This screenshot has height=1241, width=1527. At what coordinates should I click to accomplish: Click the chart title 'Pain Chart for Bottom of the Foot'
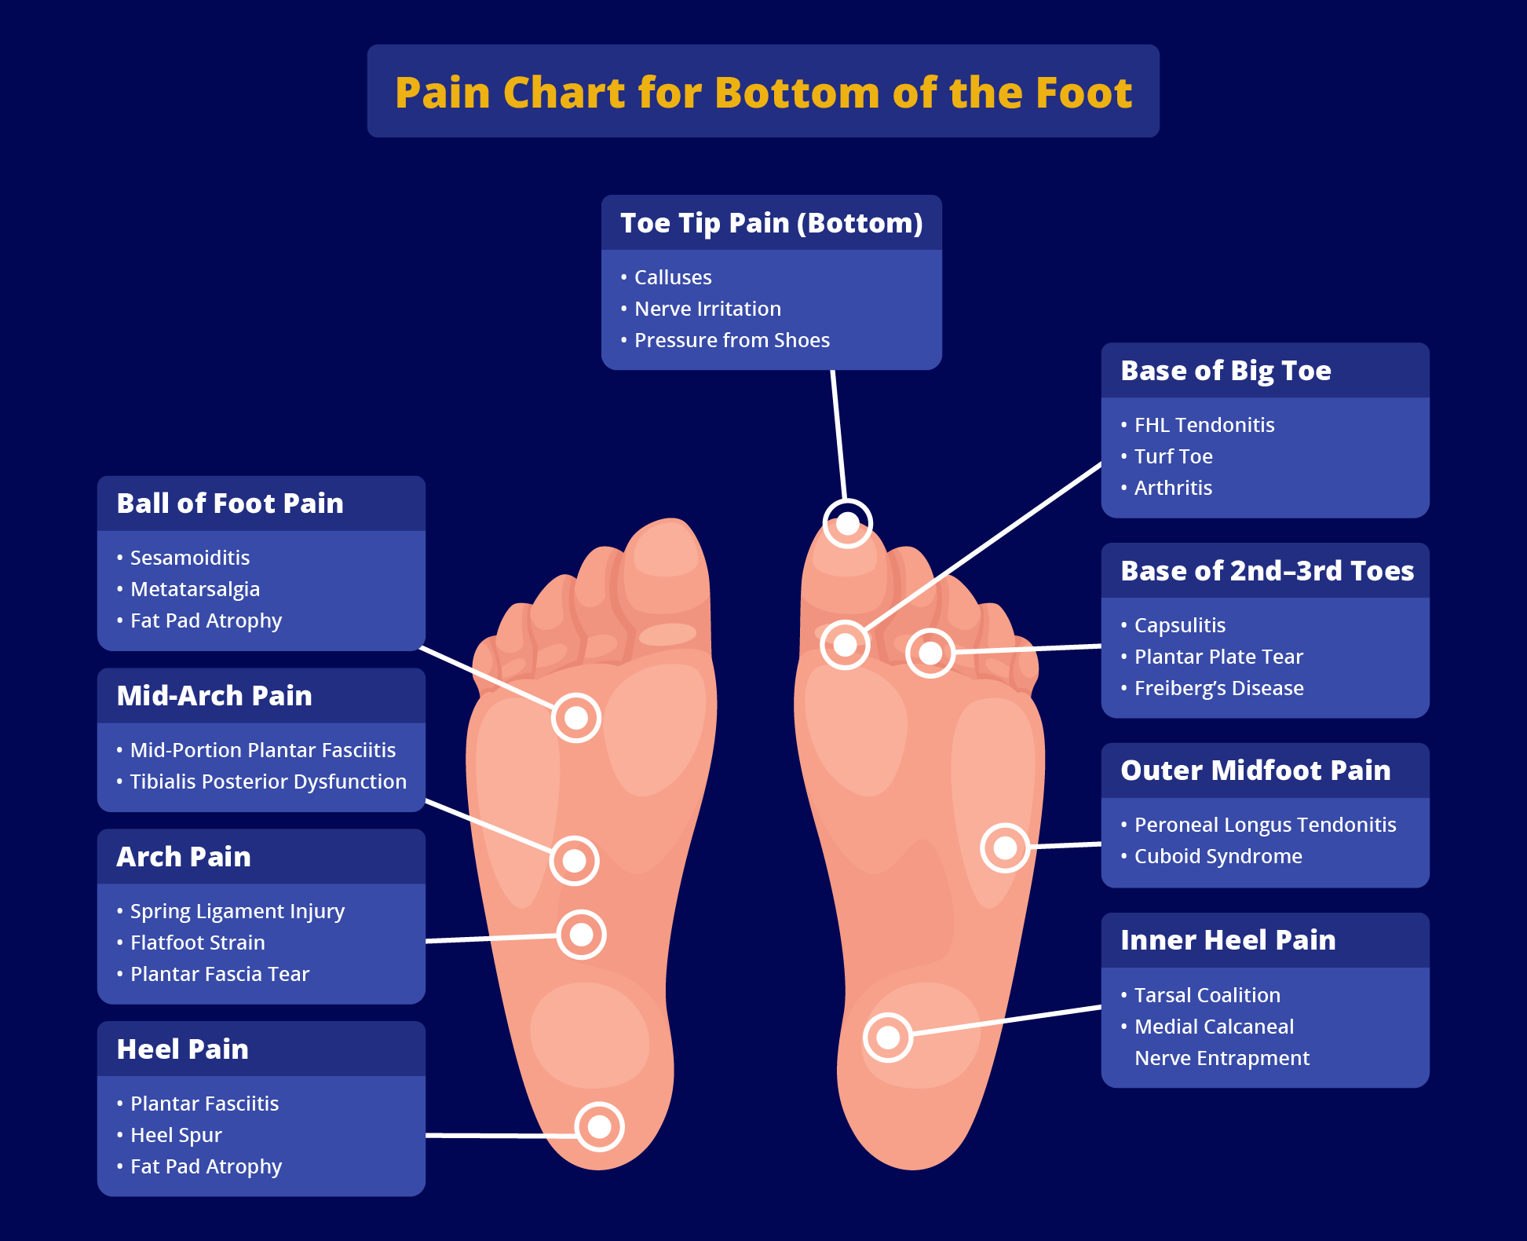point(763,92)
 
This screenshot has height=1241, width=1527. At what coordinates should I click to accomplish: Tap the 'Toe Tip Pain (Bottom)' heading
point(771,223)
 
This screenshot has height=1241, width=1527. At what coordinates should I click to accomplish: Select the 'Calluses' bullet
point(672,277)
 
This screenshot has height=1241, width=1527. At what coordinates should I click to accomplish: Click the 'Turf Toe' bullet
point(1173,456)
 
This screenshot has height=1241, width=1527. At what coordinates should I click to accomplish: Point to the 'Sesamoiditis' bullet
point(189,558)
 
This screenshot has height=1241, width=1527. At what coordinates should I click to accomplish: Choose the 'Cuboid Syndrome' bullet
point(1218,856)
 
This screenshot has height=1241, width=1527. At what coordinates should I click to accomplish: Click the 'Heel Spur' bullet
point(176,1135)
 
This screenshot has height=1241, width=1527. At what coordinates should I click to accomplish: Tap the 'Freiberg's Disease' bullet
point(1218,688)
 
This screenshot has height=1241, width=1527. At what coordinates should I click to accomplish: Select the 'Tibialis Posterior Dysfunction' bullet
point(268,782)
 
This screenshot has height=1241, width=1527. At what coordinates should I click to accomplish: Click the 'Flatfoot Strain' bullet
point(197,943)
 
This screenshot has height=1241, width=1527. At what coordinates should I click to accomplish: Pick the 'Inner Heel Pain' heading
point(1227,940)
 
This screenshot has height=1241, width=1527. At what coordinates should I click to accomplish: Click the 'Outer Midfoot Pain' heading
point(1255,771)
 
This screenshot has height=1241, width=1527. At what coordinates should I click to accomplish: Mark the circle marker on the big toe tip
point(847,523)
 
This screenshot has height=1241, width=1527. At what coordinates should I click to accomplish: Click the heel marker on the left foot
point(599,1126)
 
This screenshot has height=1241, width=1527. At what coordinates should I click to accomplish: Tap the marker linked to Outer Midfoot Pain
point(1005,847)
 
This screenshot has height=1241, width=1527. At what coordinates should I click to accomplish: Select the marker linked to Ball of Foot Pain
point(576,717)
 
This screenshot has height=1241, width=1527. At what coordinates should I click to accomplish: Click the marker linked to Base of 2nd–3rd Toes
point(930,653)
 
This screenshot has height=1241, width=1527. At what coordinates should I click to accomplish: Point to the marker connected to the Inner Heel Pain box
point(888,1037)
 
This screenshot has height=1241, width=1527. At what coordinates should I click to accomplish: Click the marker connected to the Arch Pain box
point(581,935)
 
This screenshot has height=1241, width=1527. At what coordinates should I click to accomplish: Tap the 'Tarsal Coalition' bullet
point(1207,995)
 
